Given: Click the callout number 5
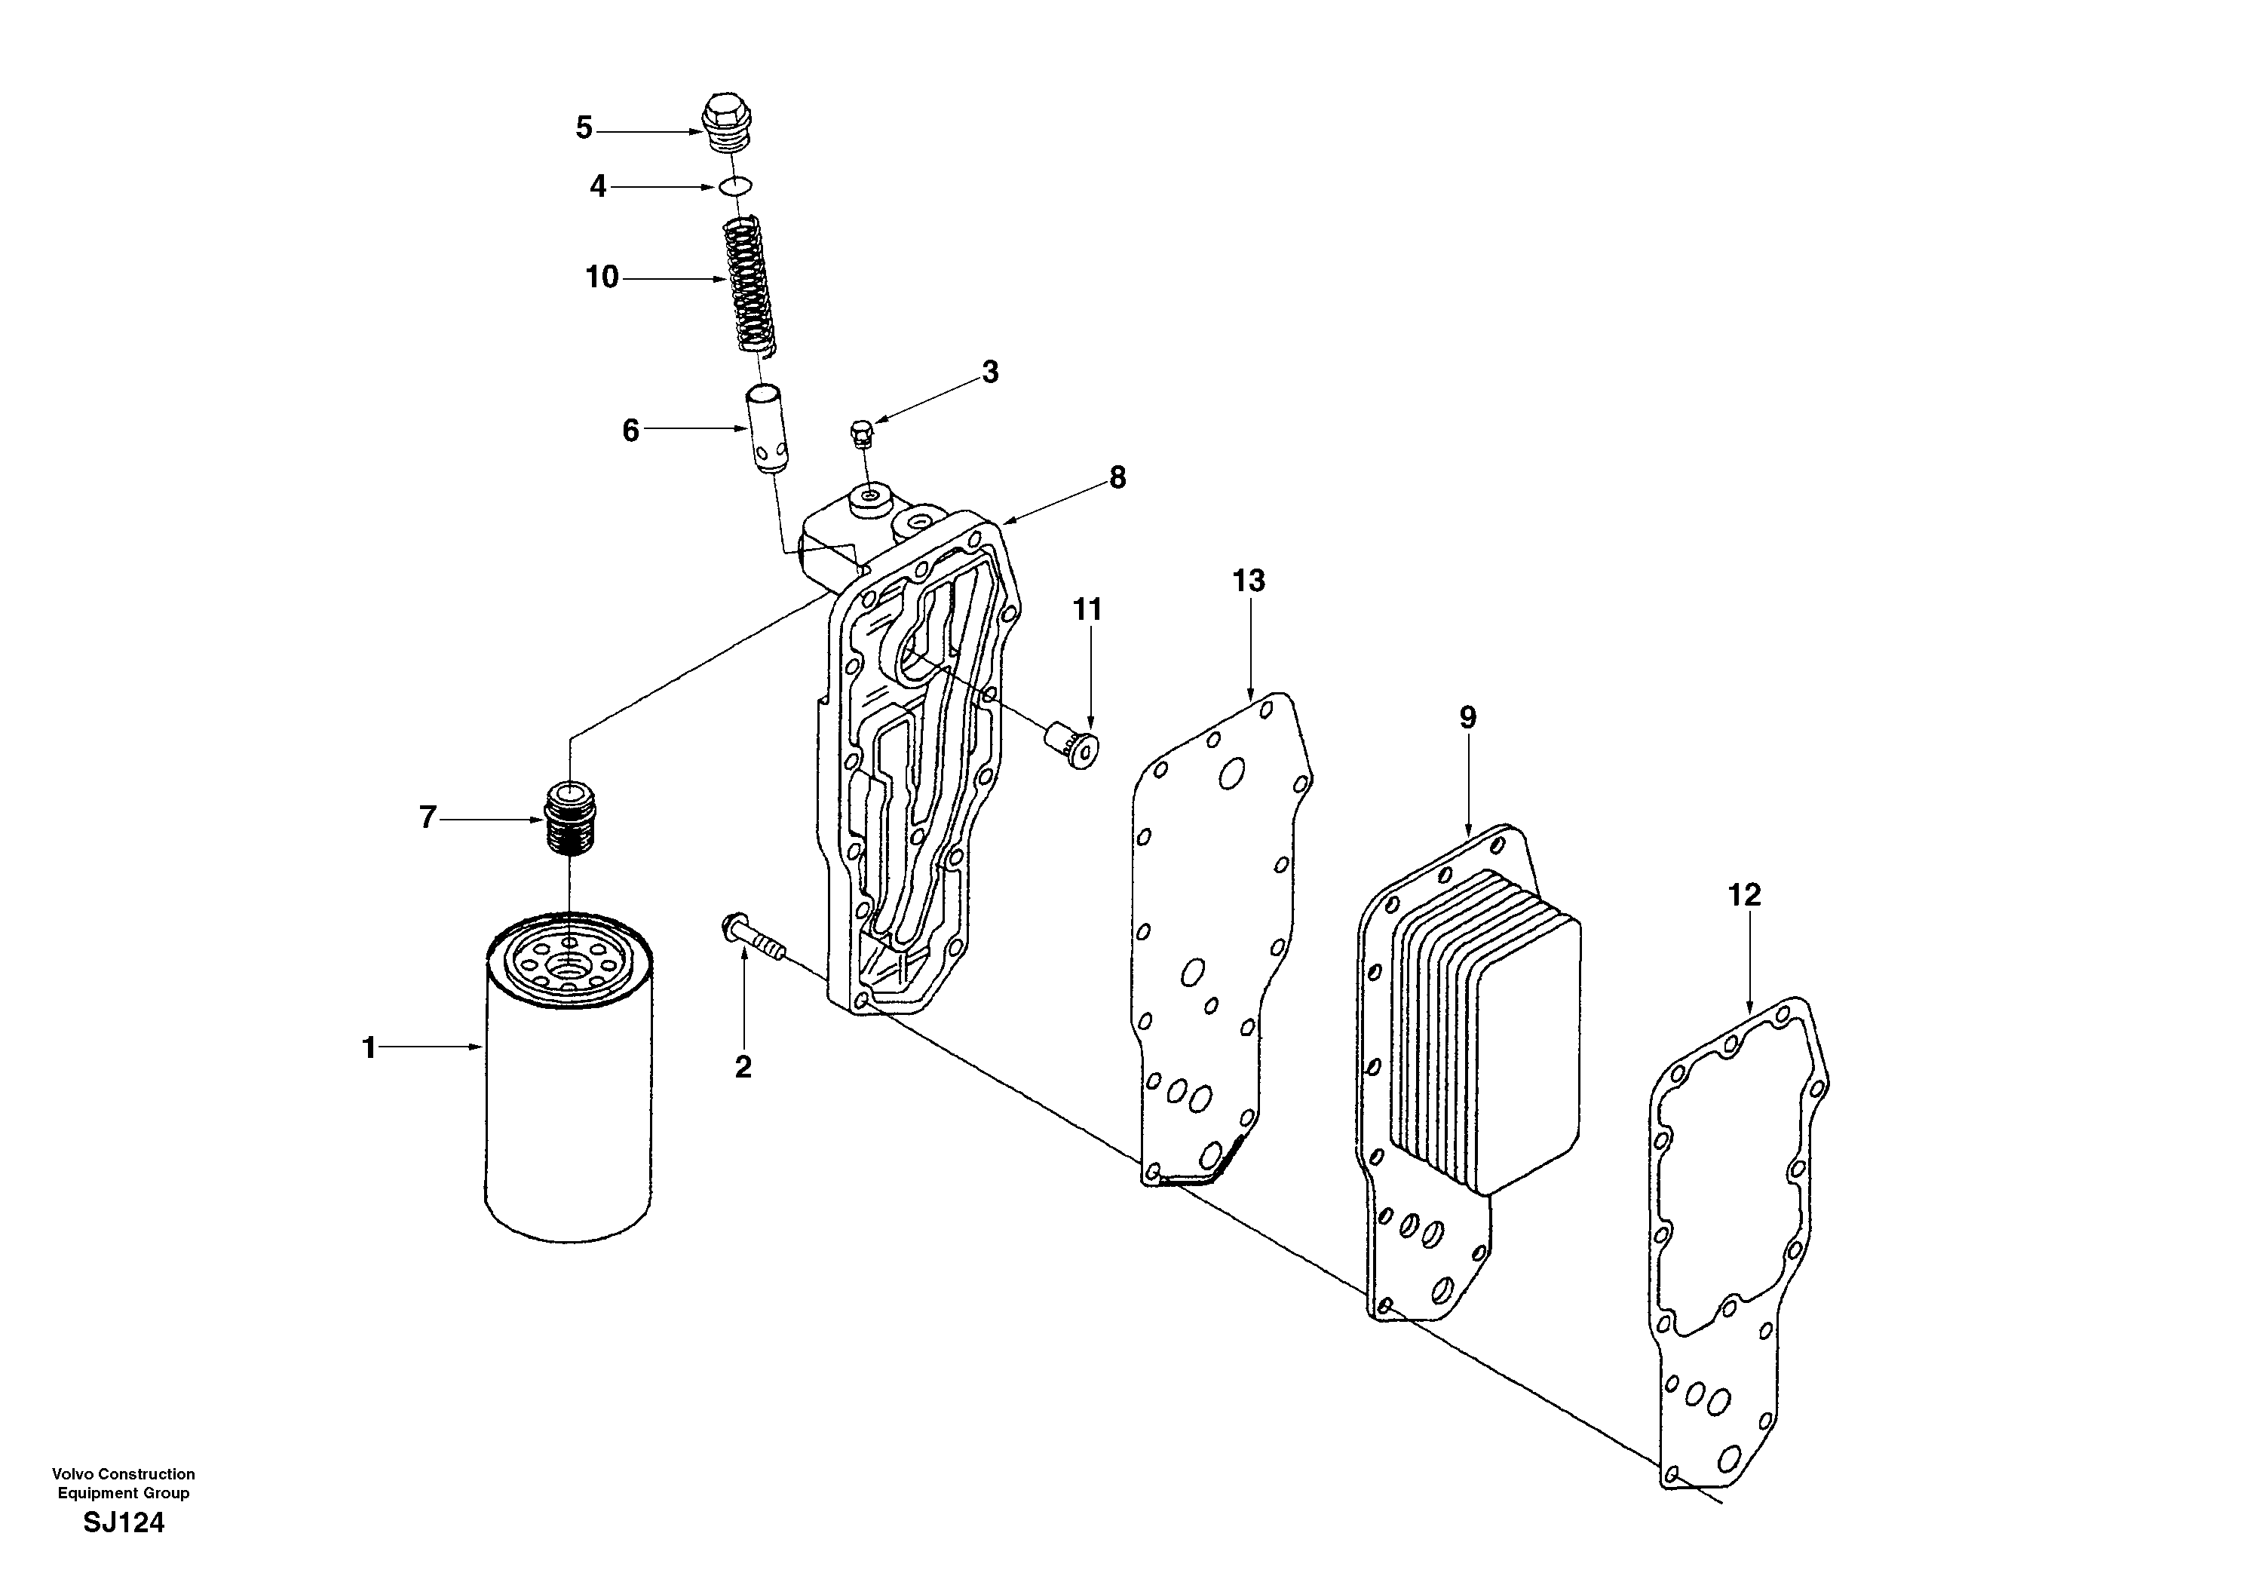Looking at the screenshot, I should pos(584,128).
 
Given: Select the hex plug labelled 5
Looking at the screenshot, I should pos(729,124).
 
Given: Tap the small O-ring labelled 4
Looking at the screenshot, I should pos(735,185).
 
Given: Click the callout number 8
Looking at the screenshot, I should pos(1117,478).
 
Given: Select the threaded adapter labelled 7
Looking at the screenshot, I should pos(572,815).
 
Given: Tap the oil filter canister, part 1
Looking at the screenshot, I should pos(569,1094).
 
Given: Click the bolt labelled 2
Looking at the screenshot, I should pos(749,937).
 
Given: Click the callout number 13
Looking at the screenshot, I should pos(1248,581).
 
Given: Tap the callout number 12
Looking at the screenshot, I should pos(1745,894).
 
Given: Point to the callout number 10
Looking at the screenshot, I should pos(602,277).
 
